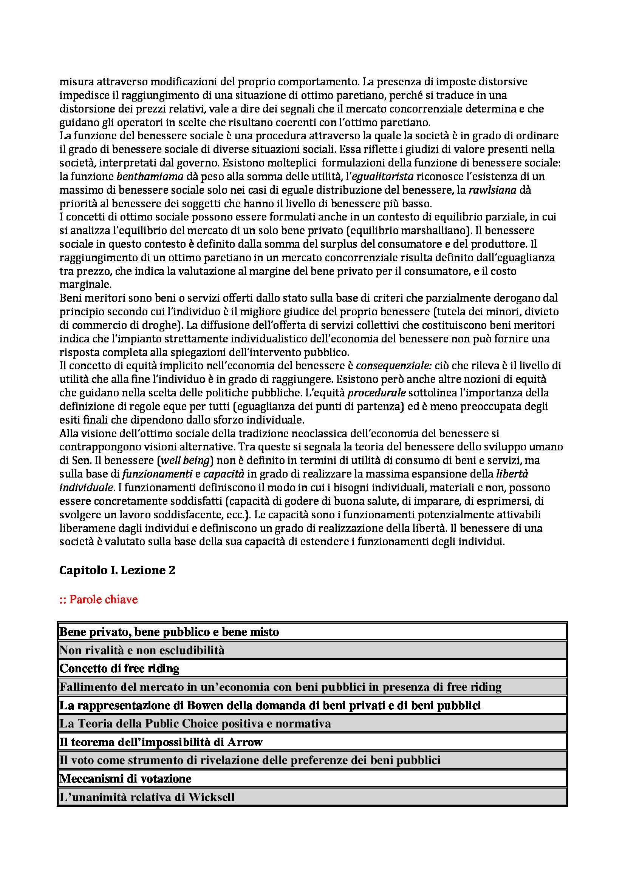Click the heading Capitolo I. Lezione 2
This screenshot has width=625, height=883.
(x=118, y=570)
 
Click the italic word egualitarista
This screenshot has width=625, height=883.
(x=382, y=177)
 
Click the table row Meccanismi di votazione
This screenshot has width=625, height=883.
(x=125, y=779)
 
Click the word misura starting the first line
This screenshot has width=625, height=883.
(x=75, y=82)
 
